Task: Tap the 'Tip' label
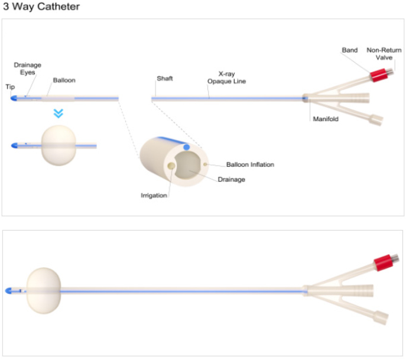pyautogui.click(x=10, y=86)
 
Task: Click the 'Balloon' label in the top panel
pyautogui.click(x=64, y=80)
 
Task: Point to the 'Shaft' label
pyautogui.click(x=165, y=78)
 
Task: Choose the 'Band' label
pyautogui.click(x=350, y=50)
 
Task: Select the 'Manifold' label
pyautogui.click(x=325, y=119)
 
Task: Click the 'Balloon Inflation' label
pyautogui.click(x=250, y=164)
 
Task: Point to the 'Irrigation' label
pyautogui.click(x=154, y=196)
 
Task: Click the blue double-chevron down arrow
pyautogui.click(x=58, y=113)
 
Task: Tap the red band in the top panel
pyautogui.click(x=378, y=75)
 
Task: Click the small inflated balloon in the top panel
pyautogui.click(x=58, y=145)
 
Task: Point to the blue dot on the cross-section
pyautogui.click(x=187, y=147)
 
